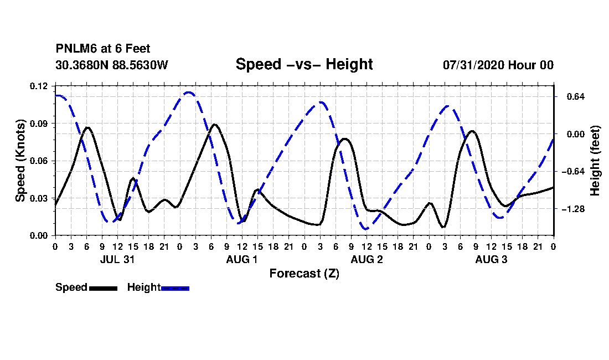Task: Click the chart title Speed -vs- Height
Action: pos(304,64)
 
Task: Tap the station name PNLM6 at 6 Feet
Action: pos(103,49)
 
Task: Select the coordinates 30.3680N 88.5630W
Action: pos(112,65)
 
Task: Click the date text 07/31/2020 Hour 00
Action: pos(498,65)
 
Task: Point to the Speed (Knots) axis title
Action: pos(20,161)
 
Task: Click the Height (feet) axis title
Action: pos(595,161)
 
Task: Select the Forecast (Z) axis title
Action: pos(304,274)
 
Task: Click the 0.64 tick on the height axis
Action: pos(576,97)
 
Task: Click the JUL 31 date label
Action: pos(117,259)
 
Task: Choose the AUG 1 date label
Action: pos(241,259)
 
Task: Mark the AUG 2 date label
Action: pos(367,259)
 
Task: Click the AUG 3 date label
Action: pos(491,259)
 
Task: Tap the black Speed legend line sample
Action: pos(104,288)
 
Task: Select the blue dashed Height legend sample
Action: pos(175,288)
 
